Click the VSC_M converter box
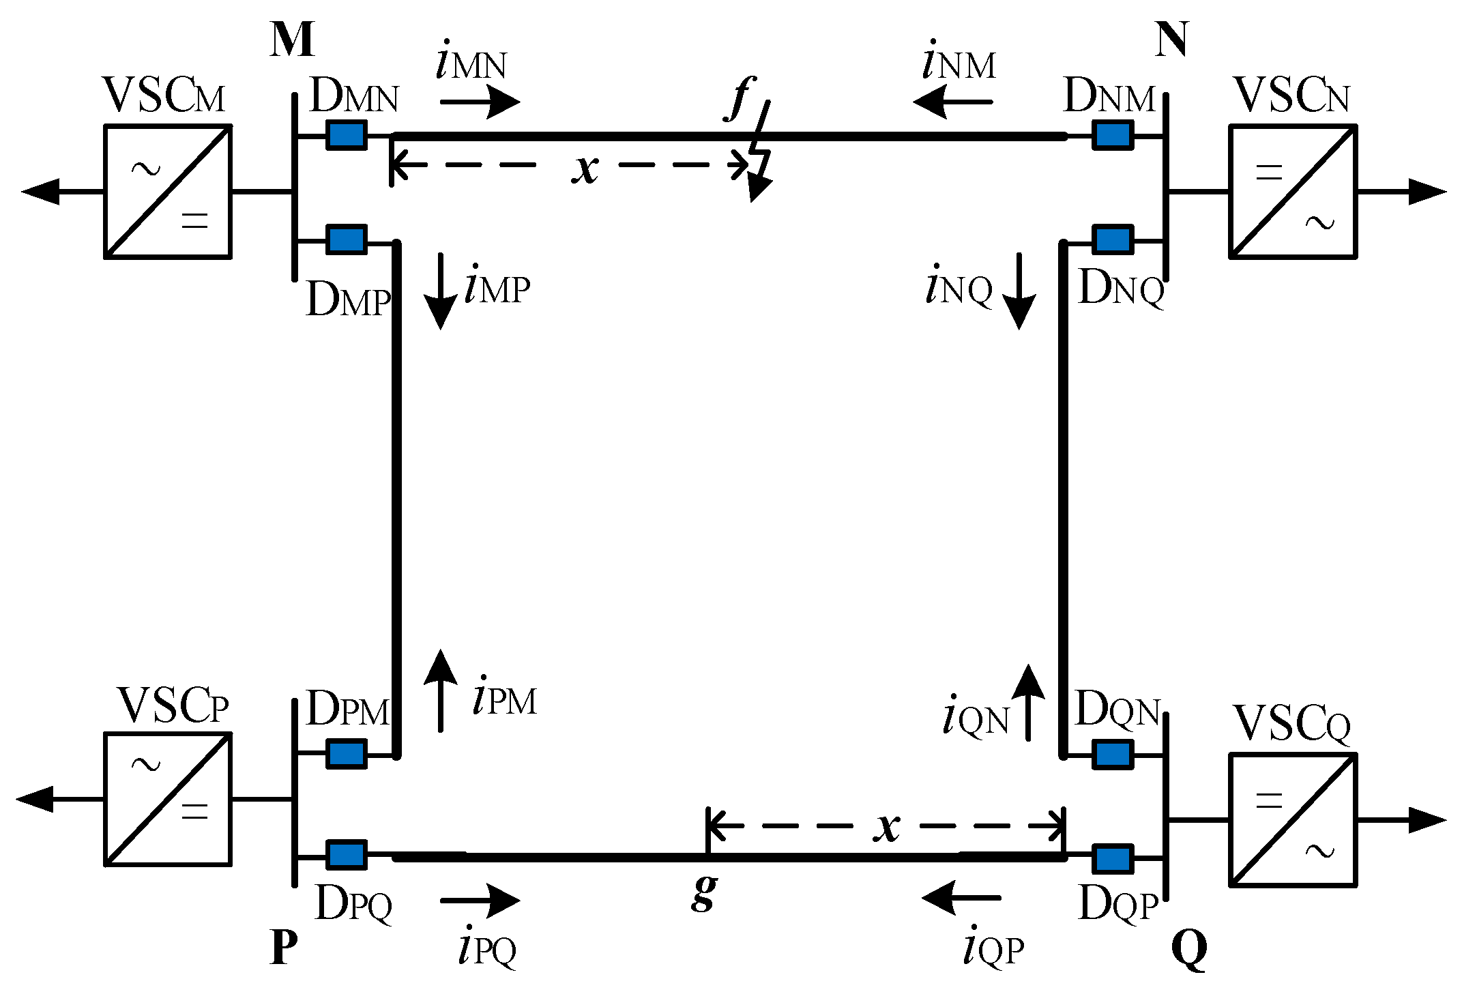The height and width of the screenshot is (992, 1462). coord(168,191)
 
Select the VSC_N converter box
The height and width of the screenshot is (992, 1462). coord(1293,191)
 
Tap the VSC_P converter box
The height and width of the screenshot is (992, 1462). coord(168,798)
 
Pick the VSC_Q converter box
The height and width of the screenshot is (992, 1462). coord(1293,819)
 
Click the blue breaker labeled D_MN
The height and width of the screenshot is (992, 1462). coord(347,134)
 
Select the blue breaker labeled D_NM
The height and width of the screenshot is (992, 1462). coord(1113,134)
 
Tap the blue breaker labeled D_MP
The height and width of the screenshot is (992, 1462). coord(347,239)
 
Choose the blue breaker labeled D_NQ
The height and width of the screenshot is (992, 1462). coord(1113,239)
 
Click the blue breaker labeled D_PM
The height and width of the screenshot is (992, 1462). coord(347,754)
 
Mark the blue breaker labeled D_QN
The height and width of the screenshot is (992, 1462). coord(1113,754)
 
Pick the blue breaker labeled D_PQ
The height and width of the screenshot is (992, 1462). coord(347,855)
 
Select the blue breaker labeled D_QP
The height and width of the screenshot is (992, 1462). coord(1113,858)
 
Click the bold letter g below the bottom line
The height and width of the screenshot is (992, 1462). coord(703,894)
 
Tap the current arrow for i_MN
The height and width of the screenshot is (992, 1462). coord(480,103)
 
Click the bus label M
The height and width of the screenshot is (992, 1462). coord(292,41)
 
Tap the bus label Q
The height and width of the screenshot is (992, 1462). coord(1188,949)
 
